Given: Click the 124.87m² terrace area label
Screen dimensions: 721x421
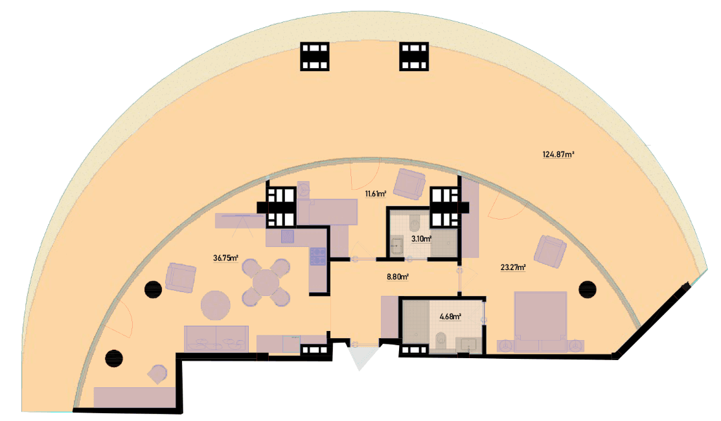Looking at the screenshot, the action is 558,154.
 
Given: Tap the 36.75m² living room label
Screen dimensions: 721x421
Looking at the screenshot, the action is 225,258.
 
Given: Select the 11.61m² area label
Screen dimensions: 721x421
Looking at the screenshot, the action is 375,194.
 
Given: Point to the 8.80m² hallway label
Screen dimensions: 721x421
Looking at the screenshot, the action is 398,277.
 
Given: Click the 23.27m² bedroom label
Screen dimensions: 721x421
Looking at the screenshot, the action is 513,267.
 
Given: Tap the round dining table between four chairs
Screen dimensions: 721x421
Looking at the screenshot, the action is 266,282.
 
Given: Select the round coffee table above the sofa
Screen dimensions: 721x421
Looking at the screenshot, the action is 216,305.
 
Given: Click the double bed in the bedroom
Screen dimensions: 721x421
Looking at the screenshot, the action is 540,322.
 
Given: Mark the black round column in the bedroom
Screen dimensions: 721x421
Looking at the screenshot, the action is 587,289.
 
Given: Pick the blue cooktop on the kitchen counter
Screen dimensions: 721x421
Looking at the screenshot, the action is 317,256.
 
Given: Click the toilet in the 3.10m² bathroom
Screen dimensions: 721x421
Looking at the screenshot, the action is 415,225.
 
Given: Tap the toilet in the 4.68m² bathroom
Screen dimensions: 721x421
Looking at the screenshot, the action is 441,339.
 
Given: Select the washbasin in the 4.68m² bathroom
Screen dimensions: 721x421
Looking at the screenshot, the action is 468,345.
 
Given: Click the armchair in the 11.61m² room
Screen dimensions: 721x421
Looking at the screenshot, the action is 409,184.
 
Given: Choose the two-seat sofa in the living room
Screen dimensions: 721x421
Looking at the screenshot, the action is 216,339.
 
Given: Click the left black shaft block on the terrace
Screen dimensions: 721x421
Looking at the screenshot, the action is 315,56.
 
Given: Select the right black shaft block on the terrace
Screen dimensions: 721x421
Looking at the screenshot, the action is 414,56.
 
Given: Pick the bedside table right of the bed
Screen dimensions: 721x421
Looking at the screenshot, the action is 576,346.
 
